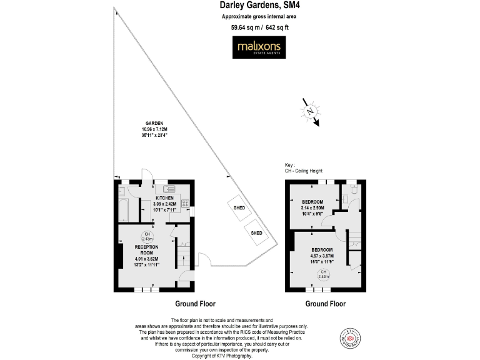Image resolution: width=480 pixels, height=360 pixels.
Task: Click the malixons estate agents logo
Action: tap(258, 47)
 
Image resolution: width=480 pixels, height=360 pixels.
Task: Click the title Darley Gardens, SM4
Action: tap(258, 5)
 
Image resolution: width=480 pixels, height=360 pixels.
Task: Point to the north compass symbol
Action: tap(311, 111)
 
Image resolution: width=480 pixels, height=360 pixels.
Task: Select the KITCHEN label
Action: tap(166, 197)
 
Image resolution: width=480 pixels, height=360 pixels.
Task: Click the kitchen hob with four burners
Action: tap(185, 203)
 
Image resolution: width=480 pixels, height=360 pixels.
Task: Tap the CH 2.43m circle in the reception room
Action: tap(147, 237)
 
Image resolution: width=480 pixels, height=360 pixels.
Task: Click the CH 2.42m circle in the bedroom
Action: tap(324, 275)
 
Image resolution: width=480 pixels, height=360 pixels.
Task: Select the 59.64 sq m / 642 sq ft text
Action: tap(257, 27)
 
